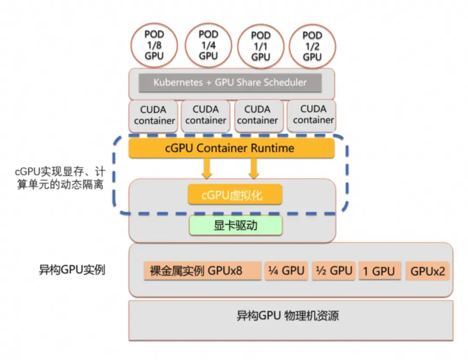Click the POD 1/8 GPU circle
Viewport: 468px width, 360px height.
tap(155, 45)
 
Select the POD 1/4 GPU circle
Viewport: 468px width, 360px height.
tap(208, 45)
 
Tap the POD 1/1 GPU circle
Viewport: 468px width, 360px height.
tap(261, 46)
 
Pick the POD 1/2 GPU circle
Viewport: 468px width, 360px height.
tap(312, 45)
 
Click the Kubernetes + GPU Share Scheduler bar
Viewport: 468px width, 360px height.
tap(230, 83)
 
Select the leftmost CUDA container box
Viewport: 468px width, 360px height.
tap(154, 116)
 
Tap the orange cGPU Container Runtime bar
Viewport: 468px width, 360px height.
tap(232, 148)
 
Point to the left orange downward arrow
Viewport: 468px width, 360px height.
tap(207, 168)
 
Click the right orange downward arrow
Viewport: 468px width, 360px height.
tap(254, 168)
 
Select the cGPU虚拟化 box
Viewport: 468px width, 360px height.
tap(235, 195)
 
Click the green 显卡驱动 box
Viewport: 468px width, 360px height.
tap(235, 226)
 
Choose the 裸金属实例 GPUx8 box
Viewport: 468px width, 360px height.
tap(202, 271)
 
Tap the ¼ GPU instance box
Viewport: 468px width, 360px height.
tap(286, 271)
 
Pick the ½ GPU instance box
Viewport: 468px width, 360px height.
tap(334, 271)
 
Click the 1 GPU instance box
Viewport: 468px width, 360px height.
tap(379, 271)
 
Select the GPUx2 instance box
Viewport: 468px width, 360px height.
tap(427, 271)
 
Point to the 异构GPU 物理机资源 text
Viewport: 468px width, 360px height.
tap(287, 315)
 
